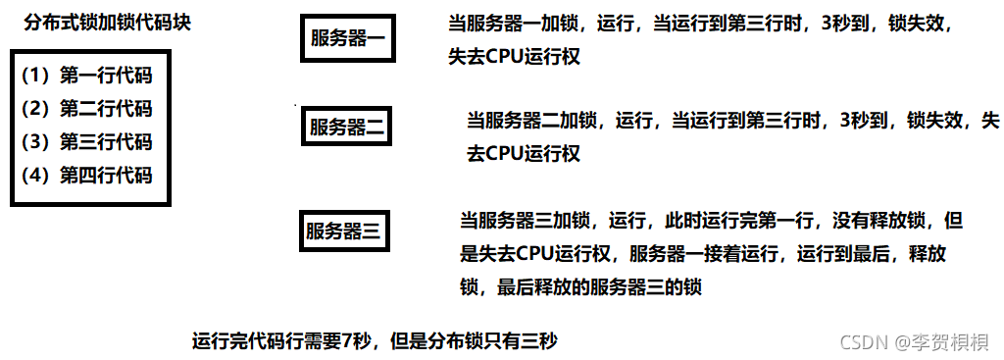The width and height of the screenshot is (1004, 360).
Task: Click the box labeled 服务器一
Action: (349, 39)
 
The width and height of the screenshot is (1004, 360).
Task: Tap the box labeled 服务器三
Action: (342, 231)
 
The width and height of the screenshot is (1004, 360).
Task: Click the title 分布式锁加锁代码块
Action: (107, 22)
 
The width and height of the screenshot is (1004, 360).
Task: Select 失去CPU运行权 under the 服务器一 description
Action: (512, 57)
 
